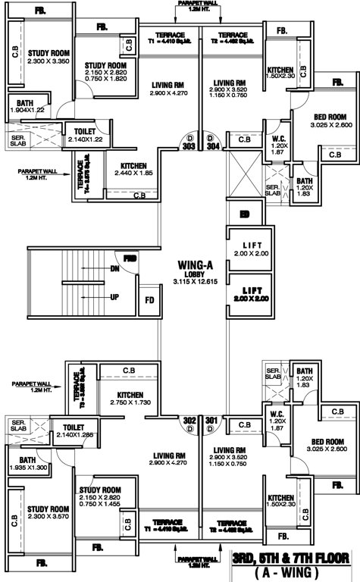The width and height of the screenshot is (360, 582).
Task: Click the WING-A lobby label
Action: click(x=194, y=265)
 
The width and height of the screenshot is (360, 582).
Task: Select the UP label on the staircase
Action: click(x=114, y=296)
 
